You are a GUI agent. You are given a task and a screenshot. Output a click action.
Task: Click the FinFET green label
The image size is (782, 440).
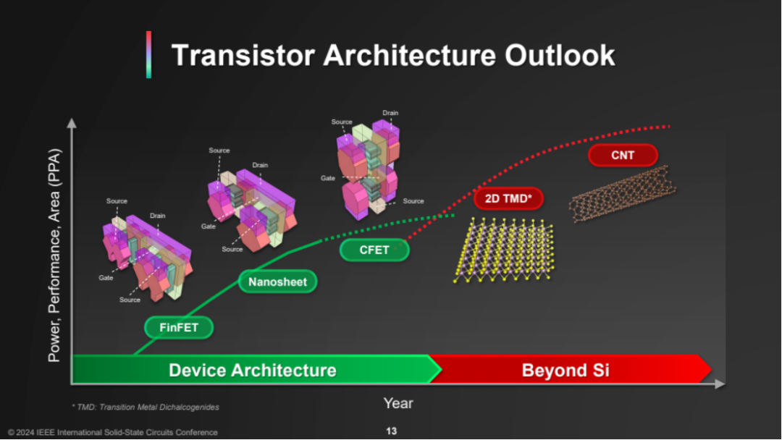179,327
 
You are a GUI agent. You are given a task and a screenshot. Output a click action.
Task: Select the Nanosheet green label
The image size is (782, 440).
278,282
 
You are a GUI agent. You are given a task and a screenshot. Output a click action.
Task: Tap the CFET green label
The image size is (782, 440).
374,250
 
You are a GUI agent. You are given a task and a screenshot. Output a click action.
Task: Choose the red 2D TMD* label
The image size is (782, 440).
508,198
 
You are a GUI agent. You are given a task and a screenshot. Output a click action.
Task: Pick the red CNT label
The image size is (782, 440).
623,155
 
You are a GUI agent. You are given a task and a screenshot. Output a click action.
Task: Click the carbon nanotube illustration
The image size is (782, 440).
623,194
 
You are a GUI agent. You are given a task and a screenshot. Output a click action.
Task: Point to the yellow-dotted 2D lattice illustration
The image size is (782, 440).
504,250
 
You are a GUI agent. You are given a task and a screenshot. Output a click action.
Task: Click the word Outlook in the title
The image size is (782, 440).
560,55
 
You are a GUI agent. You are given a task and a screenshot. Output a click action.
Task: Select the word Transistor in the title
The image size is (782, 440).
243,55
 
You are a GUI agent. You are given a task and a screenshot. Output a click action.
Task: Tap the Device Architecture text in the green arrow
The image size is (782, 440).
253,371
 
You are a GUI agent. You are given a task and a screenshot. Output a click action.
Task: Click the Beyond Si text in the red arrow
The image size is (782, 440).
566,371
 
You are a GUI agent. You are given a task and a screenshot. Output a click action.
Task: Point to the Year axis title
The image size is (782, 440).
398,403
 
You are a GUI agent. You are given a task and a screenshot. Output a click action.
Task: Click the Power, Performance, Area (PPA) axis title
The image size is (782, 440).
54,255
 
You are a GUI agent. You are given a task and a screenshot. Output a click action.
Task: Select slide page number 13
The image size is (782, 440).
392,431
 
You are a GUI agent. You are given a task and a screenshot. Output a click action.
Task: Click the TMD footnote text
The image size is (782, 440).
146,407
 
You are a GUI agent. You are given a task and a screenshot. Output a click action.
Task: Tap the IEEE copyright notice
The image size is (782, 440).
113,433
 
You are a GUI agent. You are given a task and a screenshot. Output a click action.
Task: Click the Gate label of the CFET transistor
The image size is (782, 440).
328,178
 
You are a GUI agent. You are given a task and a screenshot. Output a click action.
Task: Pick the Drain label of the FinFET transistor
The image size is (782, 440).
158,216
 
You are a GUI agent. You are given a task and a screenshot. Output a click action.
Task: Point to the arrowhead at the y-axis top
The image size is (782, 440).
72,122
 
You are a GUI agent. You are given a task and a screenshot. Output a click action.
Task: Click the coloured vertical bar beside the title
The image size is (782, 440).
148,54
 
